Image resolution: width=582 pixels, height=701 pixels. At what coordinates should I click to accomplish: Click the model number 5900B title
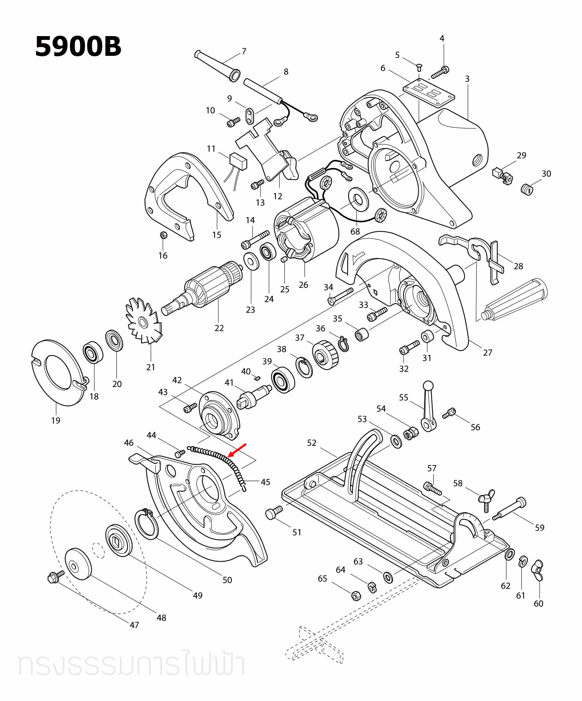pyautogui.click(x=78, y=46)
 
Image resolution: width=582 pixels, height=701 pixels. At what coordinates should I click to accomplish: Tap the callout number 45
pyautogui.click(x=265, y=482)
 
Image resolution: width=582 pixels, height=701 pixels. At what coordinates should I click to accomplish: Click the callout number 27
pyautogui.click(x=487, y=353)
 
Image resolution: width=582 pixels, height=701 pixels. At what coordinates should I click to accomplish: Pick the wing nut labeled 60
pyautogui.click(x=538, y=570)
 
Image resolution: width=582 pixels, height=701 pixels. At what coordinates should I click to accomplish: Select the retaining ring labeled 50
pyautogui.click(x=146, y=524)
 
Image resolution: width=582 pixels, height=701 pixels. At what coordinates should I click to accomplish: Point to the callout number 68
pyautogui.click(x=355, y=231)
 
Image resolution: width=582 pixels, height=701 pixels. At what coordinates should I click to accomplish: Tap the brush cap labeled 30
pyautogui.click(x=527, y=189)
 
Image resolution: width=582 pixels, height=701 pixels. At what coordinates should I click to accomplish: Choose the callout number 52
pyautogui.click(x=312, y=442)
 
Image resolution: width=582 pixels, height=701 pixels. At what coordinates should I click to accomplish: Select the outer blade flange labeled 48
pyautogui.click(x=78, y=563)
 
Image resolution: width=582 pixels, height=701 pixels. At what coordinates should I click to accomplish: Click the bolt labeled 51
pyautogui.click(x=274, y=513)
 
